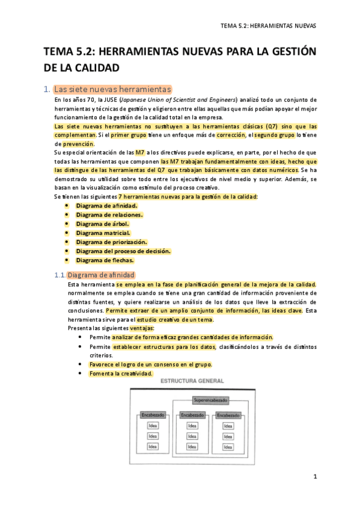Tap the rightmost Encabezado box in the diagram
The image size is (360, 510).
[228, 415]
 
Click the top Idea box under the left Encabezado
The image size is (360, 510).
[153, 426]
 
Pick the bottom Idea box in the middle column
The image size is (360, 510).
[192, 446]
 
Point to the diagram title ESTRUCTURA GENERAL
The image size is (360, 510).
[192, 381]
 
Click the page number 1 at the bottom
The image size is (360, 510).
[314, 476]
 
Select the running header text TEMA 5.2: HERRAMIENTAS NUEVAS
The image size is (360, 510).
[268, 26]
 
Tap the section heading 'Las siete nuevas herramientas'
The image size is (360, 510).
[112, 89]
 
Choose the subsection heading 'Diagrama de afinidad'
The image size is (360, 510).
[105, 275]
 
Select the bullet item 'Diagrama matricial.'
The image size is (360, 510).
[103, 233]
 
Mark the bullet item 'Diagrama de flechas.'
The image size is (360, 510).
[105, 260]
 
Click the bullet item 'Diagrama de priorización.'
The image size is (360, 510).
[111, 242]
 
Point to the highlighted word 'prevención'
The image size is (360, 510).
[78, 144]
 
